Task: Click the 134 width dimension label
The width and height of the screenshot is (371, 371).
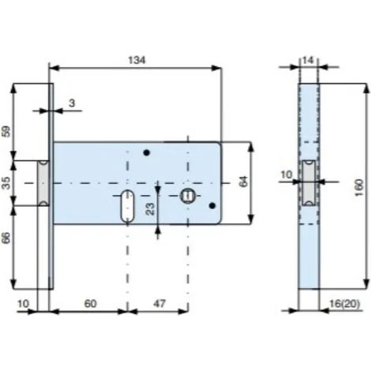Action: [x=137, y=60]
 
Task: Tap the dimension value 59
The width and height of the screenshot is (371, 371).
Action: [x=7, y=132]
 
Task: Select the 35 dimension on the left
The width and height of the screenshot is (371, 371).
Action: [x=7, y=183]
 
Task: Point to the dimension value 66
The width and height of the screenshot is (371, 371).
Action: [x=7, y=238]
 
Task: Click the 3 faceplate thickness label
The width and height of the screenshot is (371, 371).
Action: [x=72, y=103]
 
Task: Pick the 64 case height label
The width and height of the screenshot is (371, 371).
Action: [x=244, y=182]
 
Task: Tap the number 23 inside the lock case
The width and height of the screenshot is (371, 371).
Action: [x=150, y=209]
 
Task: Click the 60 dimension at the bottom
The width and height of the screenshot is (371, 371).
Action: [x=90, y=304]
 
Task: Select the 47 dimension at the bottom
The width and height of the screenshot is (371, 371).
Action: [x=159, y=304]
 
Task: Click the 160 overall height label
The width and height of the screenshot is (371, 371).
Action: [x=358, y=187]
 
